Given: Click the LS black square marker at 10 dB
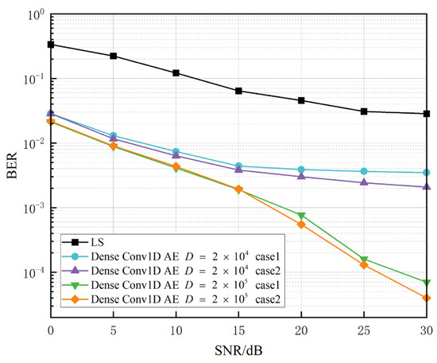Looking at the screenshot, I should (176, 73).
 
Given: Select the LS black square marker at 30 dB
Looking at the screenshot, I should (427, 114).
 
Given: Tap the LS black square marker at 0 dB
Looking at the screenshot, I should (52, 45).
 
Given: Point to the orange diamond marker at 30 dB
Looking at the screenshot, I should (427, 298).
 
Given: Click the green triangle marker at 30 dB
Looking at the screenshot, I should (427, 283).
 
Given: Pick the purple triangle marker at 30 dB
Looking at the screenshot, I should (427, 187).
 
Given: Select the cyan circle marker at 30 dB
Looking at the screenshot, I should (427, 173).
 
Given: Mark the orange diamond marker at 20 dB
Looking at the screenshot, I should (302, 224).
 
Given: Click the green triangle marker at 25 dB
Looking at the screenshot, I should (364, 260).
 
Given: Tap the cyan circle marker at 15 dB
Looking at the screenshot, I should (239, 166).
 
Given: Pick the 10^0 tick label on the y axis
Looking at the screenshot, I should (34, 14).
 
